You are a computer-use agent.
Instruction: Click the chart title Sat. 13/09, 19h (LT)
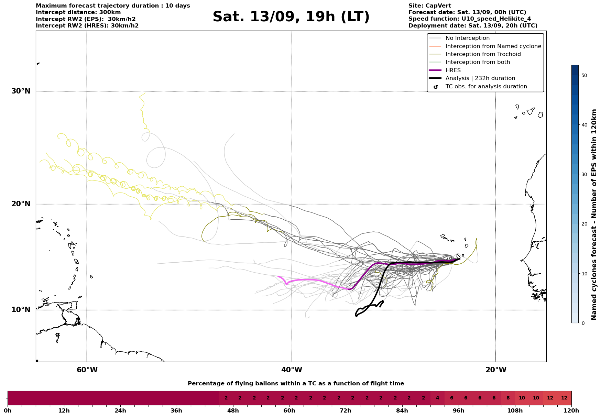[x=291, y=17]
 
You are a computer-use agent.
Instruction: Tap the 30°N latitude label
[x=21, y=91]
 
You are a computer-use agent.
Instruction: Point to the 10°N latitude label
[x=21, y=310]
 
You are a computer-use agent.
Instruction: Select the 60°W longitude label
[x=87, y=370]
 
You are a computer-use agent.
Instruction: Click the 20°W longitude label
[x=495, y=370]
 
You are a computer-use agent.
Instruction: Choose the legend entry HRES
[x=453, y=70]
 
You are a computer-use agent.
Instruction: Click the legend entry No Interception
[x=467, y=38]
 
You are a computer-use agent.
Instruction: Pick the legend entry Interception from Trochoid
[x=483, y=54]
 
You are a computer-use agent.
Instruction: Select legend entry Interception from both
[x=478, y=62]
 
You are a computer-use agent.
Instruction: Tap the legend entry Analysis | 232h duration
[x=480, y=78]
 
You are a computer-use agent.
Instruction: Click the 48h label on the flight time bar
[x=233, y=411]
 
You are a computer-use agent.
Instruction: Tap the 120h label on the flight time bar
[x=571, y=411]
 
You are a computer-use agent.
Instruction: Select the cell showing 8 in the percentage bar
[x=508, y=398]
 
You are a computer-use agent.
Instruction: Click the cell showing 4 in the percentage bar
[x=437, y=398]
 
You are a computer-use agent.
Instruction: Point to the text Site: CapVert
[x=430, y=6]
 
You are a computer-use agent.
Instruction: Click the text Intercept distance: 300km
[x=78, y=12]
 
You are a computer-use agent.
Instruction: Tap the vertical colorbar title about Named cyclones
[x=594, y=215]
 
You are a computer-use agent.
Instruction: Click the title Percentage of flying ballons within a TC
[x=296, y=384]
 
